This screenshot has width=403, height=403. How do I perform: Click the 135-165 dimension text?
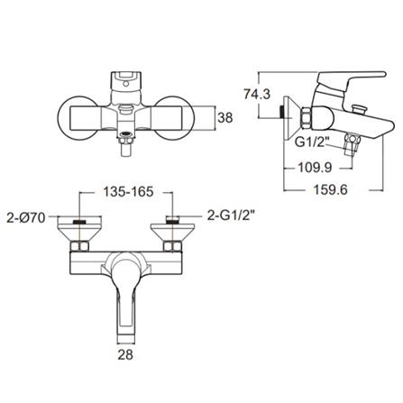point(127,192)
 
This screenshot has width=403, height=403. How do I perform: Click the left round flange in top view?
point(76,115)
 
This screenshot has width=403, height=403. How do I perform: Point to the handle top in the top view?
point(128,77)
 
